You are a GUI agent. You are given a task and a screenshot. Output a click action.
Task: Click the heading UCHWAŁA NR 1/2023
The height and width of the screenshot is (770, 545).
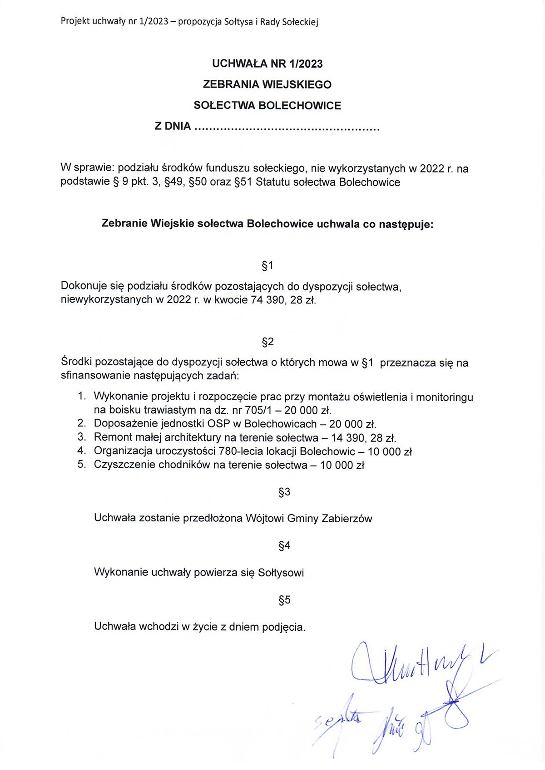coord(267,64)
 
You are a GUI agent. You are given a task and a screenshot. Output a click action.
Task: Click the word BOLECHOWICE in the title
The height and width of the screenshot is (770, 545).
coord(300,106)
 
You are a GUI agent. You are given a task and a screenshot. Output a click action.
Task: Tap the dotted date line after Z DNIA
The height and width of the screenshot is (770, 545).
coord(287,128)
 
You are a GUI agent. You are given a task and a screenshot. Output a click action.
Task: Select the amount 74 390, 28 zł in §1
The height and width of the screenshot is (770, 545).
coord(283,300)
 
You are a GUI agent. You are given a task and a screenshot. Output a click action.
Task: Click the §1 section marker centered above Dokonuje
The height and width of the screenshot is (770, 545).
coord(268,265)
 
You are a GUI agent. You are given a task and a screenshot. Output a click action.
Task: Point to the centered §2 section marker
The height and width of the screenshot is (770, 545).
coord(268,342)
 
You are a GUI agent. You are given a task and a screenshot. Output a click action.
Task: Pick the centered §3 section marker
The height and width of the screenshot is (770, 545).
coord(284,492)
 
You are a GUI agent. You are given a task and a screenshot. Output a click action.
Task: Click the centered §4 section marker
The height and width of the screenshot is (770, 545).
coord(284,546)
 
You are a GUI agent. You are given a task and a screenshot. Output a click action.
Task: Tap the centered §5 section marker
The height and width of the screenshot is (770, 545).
coord(284,600)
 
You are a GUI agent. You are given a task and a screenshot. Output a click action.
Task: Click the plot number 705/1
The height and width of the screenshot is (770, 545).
coord(258,411)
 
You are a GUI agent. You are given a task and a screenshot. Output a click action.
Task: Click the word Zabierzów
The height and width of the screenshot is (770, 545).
coord(347,519)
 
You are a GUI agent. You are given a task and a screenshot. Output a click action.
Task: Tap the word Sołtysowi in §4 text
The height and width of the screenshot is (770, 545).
coord(281,573)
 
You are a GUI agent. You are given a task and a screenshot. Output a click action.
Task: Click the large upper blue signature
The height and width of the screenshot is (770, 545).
coord(409,665)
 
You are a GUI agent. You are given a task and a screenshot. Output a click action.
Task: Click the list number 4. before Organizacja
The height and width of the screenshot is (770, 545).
coord(82,451)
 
